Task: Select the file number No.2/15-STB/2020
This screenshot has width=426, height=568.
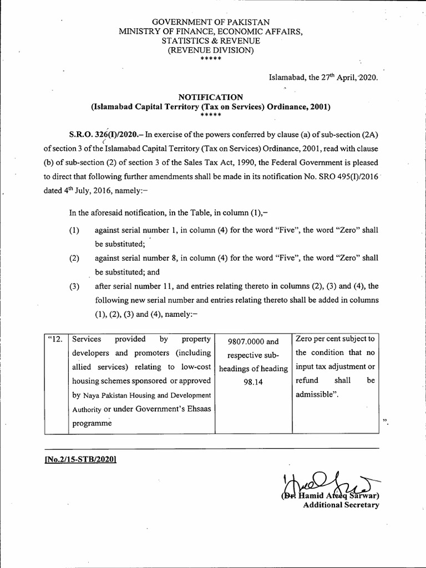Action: click(82, 460)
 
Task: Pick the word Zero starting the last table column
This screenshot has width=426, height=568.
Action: click(306, 339)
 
